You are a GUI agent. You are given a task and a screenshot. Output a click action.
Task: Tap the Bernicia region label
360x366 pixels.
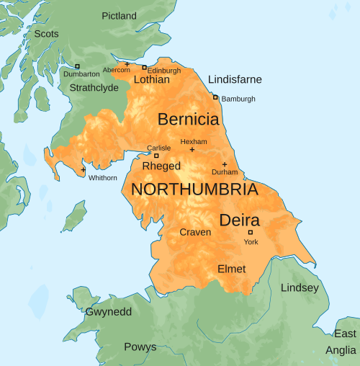tap(188, 119)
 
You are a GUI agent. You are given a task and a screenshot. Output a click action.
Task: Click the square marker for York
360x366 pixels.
tap(251, 232)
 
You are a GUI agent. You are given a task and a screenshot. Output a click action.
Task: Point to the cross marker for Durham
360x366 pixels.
tap(224, 164)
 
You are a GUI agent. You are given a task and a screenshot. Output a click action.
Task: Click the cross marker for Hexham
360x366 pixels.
tap(192, 150)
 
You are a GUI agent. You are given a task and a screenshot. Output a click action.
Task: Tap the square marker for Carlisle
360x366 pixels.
tap(156, 156)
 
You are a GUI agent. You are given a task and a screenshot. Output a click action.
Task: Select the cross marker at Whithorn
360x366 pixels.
tap(84, 170)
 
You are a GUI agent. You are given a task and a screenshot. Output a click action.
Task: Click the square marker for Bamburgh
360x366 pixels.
tap(215, 97)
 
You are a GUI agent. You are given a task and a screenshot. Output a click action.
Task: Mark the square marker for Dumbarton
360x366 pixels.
tap(77, 66)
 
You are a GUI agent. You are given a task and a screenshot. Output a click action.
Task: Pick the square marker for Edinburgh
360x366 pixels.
tap(144, 68)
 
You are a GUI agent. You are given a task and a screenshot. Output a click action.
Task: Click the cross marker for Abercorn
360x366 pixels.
tap(127, 64)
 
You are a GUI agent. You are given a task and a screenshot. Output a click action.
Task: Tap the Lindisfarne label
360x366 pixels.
tap(235, 79)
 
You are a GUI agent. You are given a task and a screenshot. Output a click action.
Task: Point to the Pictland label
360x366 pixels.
tap(119, 16)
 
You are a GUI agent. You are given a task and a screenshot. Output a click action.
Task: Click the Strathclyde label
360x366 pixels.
tap(93, 88)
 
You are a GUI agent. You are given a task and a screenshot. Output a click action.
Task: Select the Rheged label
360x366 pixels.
tap(161, 166)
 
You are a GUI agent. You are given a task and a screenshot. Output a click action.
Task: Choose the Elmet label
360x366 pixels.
tap(231, 269)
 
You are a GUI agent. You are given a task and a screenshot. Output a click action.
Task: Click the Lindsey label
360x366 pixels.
tap(300, 288)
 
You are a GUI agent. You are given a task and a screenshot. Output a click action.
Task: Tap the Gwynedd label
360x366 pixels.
tap(109, 312)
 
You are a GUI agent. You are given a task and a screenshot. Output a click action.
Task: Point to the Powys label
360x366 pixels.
tap(140, 347)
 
